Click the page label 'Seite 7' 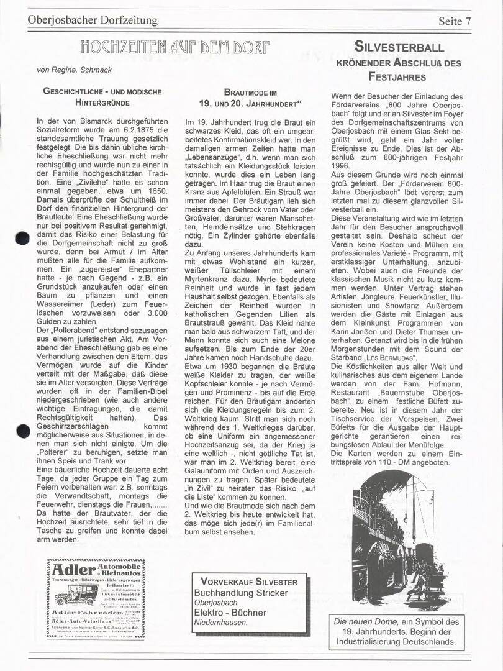[459, 21]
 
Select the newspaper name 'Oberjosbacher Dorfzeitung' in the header [93, 21]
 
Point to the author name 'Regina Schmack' [89, 70]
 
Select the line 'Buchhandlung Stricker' [241, 593]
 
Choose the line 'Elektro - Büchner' [230, 612]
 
